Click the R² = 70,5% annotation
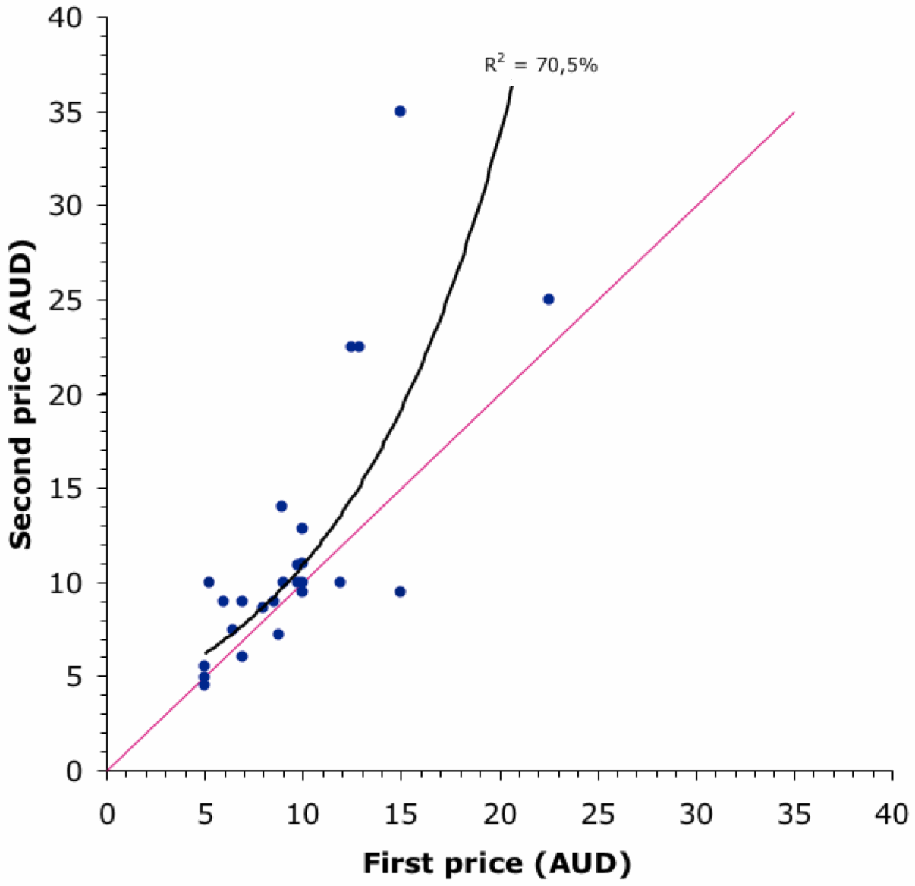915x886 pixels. [x=541, y=65]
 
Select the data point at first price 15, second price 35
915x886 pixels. [x=400, y=112]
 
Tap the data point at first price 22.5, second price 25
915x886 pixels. [x=549, y=300]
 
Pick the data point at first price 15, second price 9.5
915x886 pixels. [x=400, y=592]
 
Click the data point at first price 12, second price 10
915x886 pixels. [x=340, y=583]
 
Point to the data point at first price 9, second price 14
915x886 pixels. [x=281, y=507]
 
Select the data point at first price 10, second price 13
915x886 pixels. [x=302, y=529]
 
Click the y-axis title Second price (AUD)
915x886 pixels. [x=22, y=394]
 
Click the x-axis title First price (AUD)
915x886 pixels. [x=497, y=863]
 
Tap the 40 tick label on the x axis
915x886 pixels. [x=891, y=815]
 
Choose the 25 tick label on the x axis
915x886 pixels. [x=598, y=815]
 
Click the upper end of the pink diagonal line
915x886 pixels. [x=794, y=112]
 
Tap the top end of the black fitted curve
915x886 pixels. [x=512, y=88]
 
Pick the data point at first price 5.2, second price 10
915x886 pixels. [x=209, y=583]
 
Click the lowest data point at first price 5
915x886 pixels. [x=204, y=685]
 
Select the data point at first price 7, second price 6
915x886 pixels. [x=242, y=657]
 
